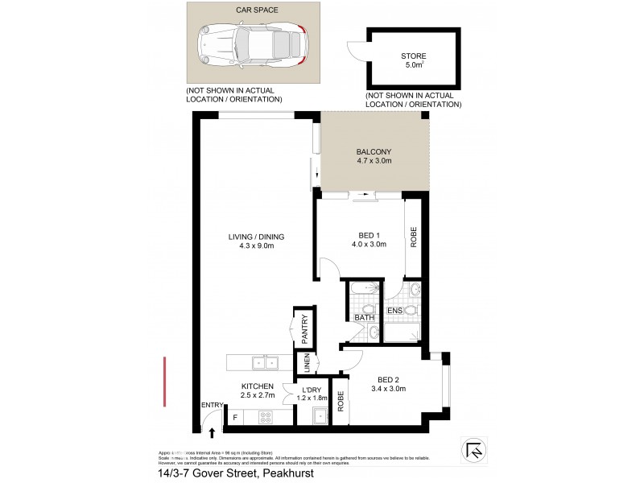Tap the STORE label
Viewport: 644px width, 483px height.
pyautogui.click(x=414, y=56)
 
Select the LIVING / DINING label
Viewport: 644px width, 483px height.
pyautogui.click(x=257, y=237)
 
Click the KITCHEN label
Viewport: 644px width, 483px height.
pyautogui.click(x=258, y=386)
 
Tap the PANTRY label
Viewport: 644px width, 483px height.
pyautogui.click(x=305, y=331)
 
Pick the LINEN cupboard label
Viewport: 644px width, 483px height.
pyautogui.click(x=307, y=364)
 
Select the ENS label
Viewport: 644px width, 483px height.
pyautogui.click(x=394, y=310)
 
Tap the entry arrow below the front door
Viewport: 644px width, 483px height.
pyautogui.click(x=213, y=433)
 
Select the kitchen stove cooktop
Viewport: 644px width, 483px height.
pyautogui.click(x=265, y=418)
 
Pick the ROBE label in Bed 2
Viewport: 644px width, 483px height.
pyautogui.click(x=341, y=401)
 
